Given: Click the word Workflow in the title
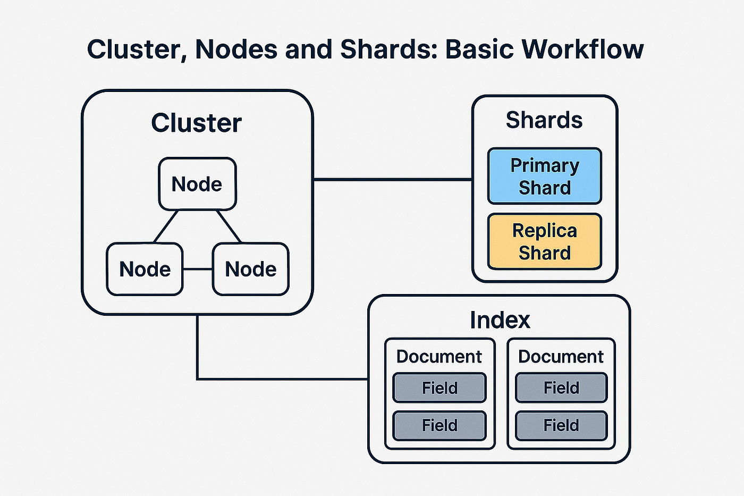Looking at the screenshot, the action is pyautogui.click(x=582, y=49).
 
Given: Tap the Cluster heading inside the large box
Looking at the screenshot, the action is pyautogui.click(x=197, y=123).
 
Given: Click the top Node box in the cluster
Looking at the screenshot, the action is pyautogui.click(x=197, y=184).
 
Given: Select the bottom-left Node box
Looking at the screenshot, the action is pyautogui.click(x=145, y=269).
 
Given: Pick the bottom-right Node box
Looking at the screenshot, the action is pyautogui.click(x=251, y=269).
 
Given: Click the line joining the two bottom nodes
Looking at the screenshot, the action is pyautogui.click(x=198, y=269).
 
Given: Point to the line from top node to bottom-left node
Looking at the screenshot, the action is pyautogui.click(x=166, y=226).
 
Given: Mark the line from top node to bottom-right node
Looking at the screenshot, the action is pyautogui.click(x=229, y=226).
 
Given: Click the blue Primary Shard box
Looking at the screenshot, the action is pyautogui.click(x=545, y=176).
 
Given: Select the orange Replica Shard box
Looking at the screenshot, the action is pyautogui.click(x=545, y=241).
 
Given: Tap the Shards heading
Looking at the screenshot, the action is pyautogui.click(x=544, y=120).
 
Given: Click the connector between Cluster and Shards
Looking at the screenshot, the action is pyautogui.click(x=393, y=179).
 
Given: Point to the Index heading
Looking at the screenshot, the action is pyautogui.click(x=500, y=320).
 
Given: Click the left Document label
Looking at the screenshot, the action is pyautogui.click(x=439, y=357).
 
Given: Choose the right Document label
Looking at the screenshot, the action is pyautogui.click(x=561, y=357).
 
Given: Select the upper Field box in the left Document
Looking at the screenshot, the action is pyautogui.click(x=439, y=388).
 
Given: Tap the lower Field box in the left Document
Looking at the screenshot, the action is pyautogui.click(x=439, y=426).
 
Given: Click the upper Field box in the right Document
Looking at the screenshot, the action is pyautogui.click(x=561, y=388).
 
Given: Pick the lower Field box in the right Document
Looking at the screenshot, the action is pyautogui.click(x=561, y=426).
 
